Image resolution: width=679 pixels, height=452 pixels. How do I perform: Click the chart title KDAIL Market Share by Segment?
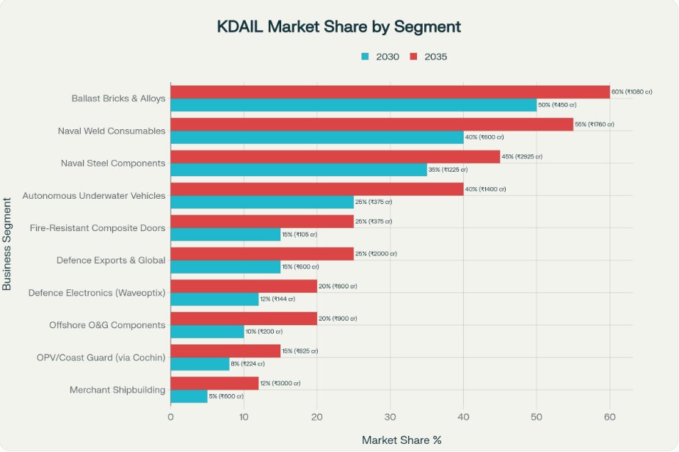pyautogui.click(x=338, y=27)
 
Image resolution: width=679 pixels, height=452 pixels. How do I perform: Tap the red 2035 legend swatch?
pyautogui.click(x=414, y=56)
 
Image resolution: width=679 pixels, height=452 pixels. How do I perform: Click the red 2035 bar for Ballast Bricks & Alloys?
pyautogui.click(x=389, y=92)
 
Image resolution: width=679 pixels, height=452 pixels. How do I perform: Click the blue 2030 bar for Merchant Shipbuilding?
pyautogui.click(x=189, y=396)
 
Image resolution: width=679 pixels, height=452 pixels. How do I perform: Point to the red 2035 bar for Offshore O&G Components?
pyautogui.click(x=243, y=318)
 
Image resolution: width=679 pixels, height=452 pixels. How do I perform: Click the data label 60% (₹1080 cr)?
pyautogui.click(x=631, y=92)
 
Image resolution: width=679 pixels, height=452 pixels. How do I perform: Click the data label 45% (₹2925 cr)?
pyautogui.click(x=522, y=156)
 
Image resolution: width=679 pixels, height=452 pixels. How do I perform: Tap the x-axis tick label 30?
pyautogui.click(x=390, y=416)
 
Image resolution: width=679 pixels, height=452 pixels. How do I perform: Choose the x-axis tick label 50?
pyautogui.click(x=536, y=416)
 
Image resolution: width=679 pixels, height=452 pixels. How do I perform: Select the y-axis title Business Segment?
pyautogui.click(x=8, y=243)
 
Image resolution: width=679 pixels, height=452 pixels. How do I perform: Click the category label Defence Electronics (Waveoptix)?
pyautogui.click(x=97, y=293)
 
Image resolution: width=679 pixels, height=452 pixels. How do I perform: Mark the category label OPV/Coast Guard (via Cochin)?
pyautogui.click(x=101, y=357)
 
